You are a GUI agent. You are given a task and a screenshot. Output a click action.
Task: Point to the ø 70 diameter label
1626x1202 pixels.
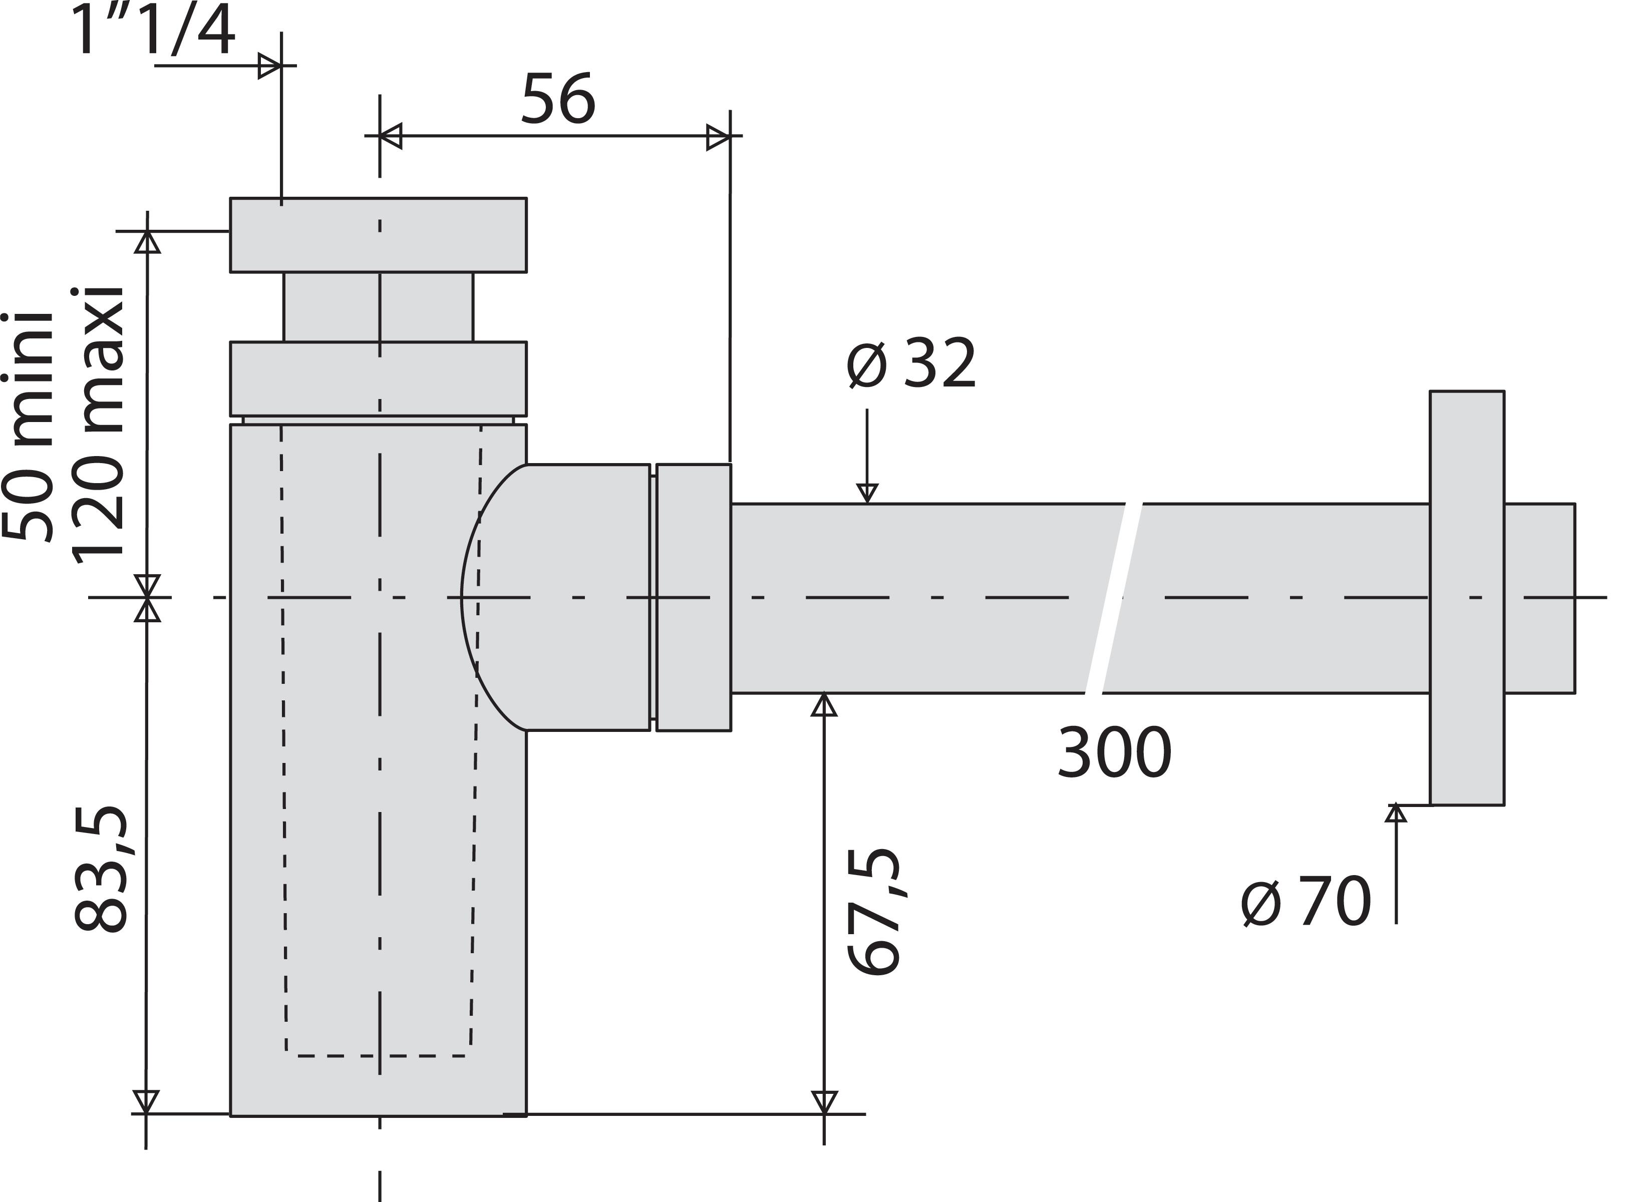1307,902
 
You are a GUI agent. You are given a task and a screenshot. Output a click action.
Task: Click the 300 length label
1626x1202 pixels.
1114,753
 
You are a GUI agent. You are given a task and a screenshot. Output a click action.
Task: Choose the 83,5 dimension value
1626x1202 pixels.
102,870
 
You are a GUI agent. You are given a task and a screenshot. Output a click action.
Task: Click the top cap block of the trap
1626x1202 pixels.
379,235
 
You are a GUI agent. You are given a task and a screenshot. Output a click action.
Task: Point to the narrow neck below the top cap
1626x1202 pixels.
379,306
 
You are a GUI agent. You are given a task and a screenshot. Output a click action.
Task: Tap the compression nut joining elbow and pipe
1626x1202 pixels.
694,597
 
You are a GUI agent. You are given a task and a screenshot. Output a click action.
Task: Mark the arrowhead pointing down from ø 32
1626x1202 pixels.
867,493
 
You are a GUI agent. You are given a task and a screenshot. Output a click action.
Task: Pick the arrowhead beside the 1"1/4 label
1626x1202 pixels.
270,66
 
